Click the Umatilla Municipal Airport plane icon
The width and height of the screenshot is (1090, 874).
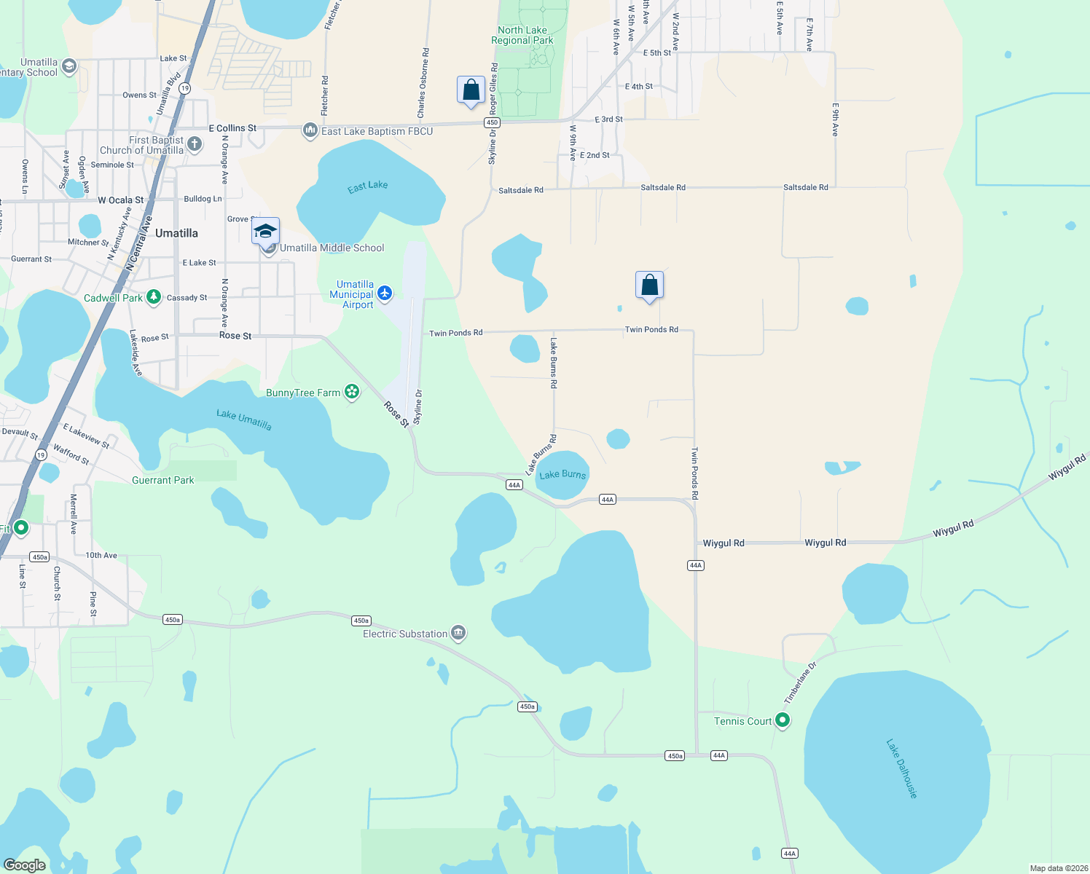pyautogui.click(x=385, y=294)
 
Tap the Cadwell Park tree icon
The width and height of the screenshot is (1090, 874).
pyautogui.click(x=153, y=296)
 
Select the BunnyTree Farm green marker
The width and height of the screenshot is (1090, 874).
pyautogui.click(x=352, y=392)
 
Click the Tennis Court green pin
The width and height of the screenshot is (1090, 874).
pyautogui.click(x=783, y=720)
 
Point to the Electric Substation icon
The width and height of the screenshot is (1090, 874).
pyautogui.click(x=458, y=632)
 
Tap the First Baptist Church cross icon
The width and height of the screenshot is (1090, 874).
pyautogui.click(x=195, y=143)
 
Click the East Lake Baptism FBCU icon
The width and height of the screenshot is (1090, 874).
pyautogui.click(x=310, y=130)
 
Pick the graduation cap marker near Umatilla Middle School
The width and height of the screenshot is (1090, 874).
pyautogui.click(x=265, y=232)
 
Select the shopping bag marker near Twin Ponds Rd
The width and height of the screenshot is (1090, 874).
pyautogui.click(x=649, y=285)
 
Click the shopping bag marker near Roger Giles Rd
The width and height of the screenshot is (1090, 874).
pyautogui.click(x=471, y=90)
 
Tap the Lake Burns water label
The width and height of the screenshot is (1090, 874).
pyautogui.click(x=562, y=474)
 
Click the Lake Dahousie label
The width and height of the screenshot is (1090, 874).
pyautogui.click(x=901, y=768)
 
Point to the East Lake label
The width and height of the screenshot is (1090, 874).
pyautogui.click(x=368, y=186)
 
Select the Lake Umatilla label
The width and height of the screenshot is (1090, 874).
pyautogui.click(x=244, y=420)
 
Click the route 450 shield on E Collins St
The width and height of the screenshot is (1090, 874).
pyautogui.click(x=492, y=122)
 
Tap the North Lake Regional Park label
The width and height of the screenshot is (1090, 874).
pyautogui.click(x=522, y=35)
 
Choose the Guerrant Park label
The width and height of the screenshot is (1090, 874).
pyautogui.click(x=163, y=480)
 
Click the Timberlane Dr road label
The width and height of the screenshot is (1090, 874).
pyautogui.click(x=800, y=683)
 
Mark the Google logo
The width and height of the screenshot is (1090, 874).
pyautogui.click(x=25, y=865)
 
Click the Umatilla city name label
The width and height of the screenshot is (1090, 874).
pyautogui.click(x=176, y=233)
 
